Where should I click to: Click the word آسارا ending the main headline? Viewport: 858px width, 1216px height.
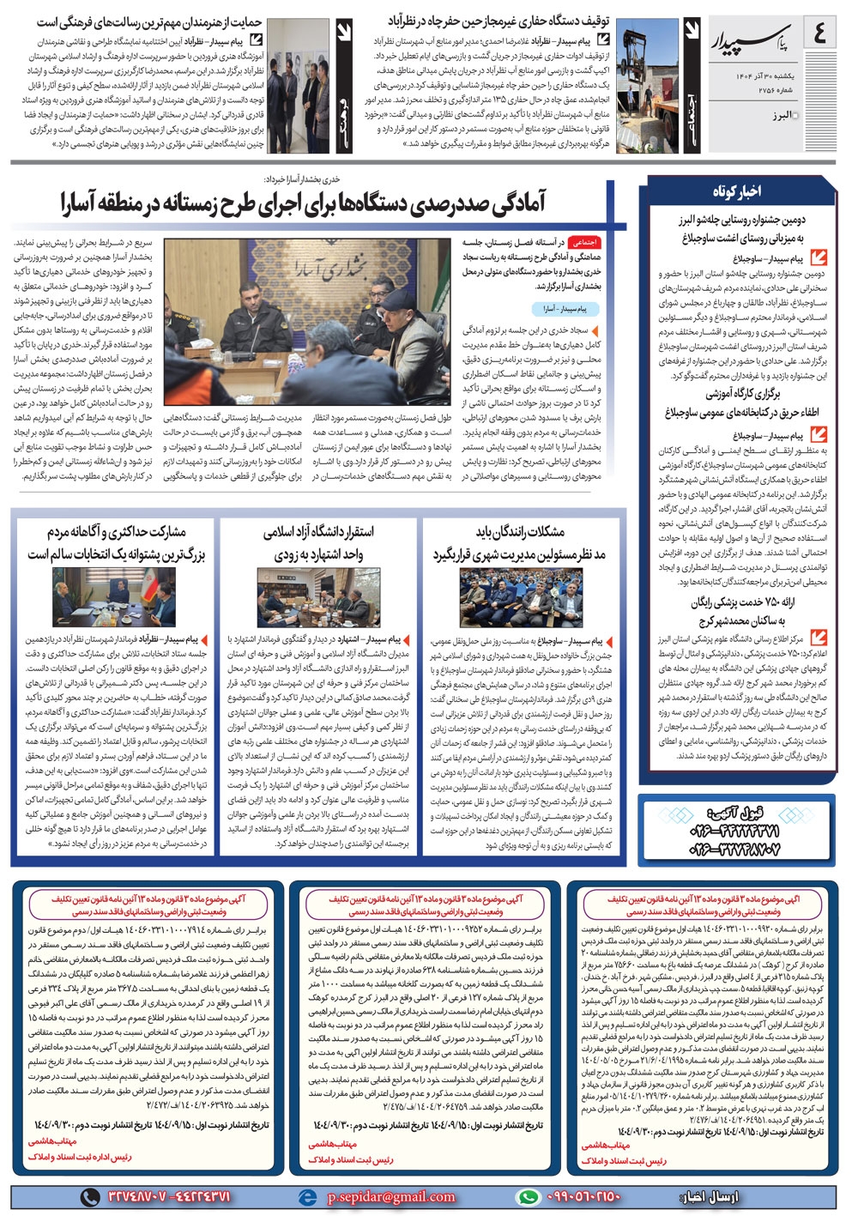pos(83,203)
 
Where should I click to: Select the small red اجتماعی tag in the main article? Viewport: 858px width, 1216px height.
pos(586,243)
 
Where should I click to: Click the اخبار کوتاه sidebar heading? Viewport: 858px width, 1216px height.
pos(735,191)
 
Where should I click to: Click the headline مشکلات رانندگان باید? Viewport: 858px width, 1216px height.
pos(520,531)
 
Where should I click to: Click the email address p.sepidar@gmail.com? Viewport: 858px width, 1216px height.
pos(391,1196)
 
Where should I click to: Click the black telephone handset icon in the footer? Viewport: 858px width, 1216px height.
pos(88,1196)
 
